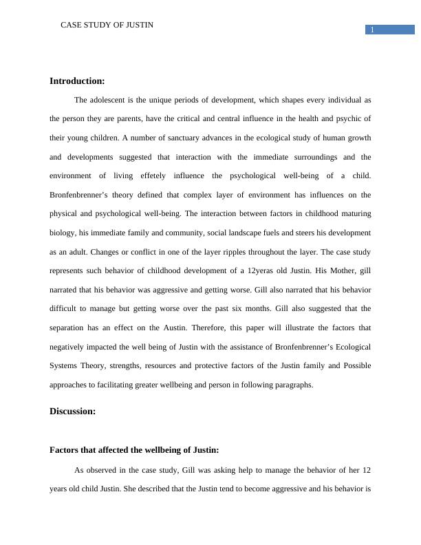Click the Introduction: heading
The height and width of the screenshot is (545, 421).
(77, 81)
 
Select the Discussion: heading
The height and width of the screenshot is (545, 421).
(72, 412)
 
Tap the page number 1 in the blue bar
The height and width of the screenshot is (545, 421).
(372, 30)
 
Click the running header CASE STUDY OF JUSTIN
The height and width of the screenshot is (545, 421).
(107, 25)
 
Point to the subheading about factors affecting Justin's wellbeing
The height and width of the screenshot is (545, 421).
(134, 450)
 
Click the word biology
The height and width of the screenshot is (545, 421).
(63, 233)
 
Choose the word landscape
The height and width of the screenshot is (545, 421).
(266, 233)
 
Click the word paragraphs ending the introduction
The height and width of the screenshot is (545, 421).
(292, 385)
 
